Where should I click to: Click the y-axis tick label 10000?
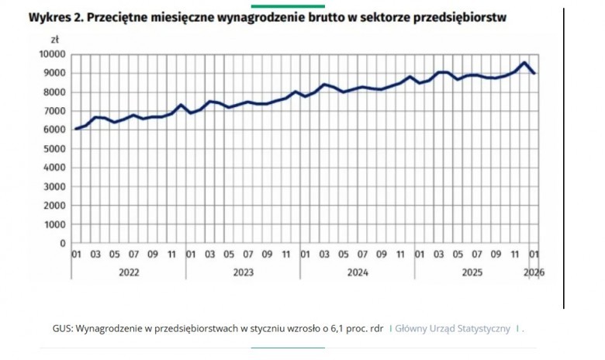53,54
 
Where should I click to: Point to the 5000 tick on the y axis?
55,149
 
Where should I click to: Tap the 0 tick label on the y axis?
63,244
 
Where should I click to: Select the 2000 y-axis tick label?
55,206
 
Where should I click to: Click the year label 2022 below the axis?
129,273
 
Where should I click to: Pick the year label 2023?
244,273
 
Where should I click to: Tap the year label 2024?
358,273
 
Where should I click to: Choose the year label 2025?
472,273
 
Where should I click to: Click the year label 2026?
534,273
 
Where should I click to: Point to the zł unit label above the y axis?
55,40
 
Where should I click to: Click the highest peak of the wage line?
524,63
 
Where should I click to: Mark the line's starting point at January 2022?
76,129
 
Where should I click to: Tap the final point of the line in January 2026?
534,73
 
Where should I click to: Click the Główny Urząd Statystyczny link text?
453,329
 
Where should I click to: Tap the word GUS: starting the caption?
63,329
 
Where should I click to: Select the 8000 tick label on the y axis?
55,92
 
